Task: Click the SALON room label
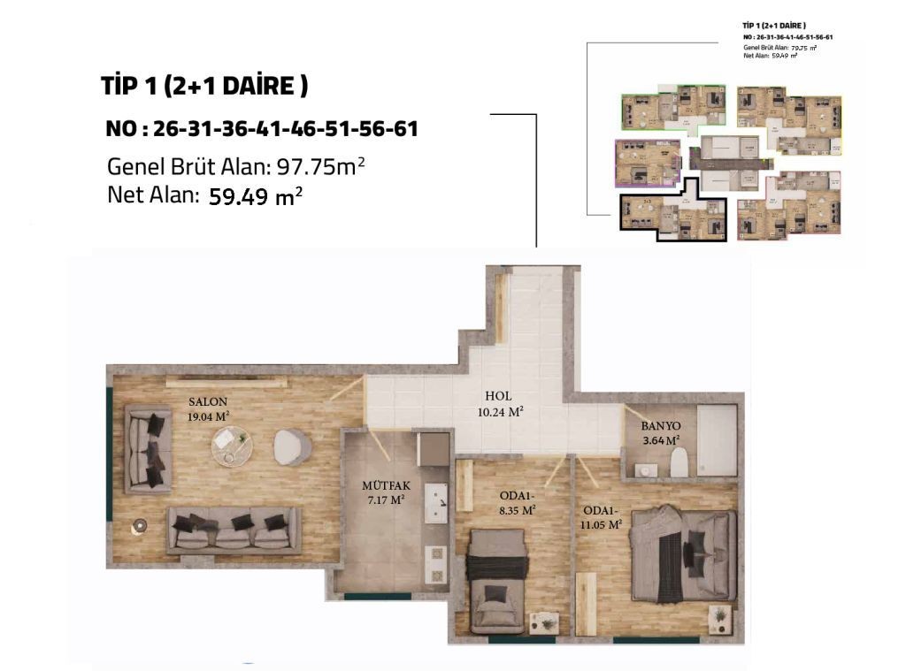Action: (208, 400)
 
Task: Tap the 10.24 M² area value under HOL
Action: (498, 411)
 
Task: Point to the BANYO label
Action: (660, 424)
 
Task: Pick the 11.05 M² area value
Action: (603, 523)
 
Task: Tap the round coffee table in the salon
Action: (232, 445)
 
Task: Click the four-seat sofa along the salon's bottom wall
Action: (234, 530)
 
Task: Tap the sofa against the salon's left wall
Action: (149, 448)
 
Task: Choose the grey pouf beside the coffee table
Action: (289, 446)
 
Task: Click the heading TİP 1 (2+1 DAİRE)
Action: (204, 87)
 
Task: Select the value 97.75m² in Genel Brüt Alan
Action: (321, 166)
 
